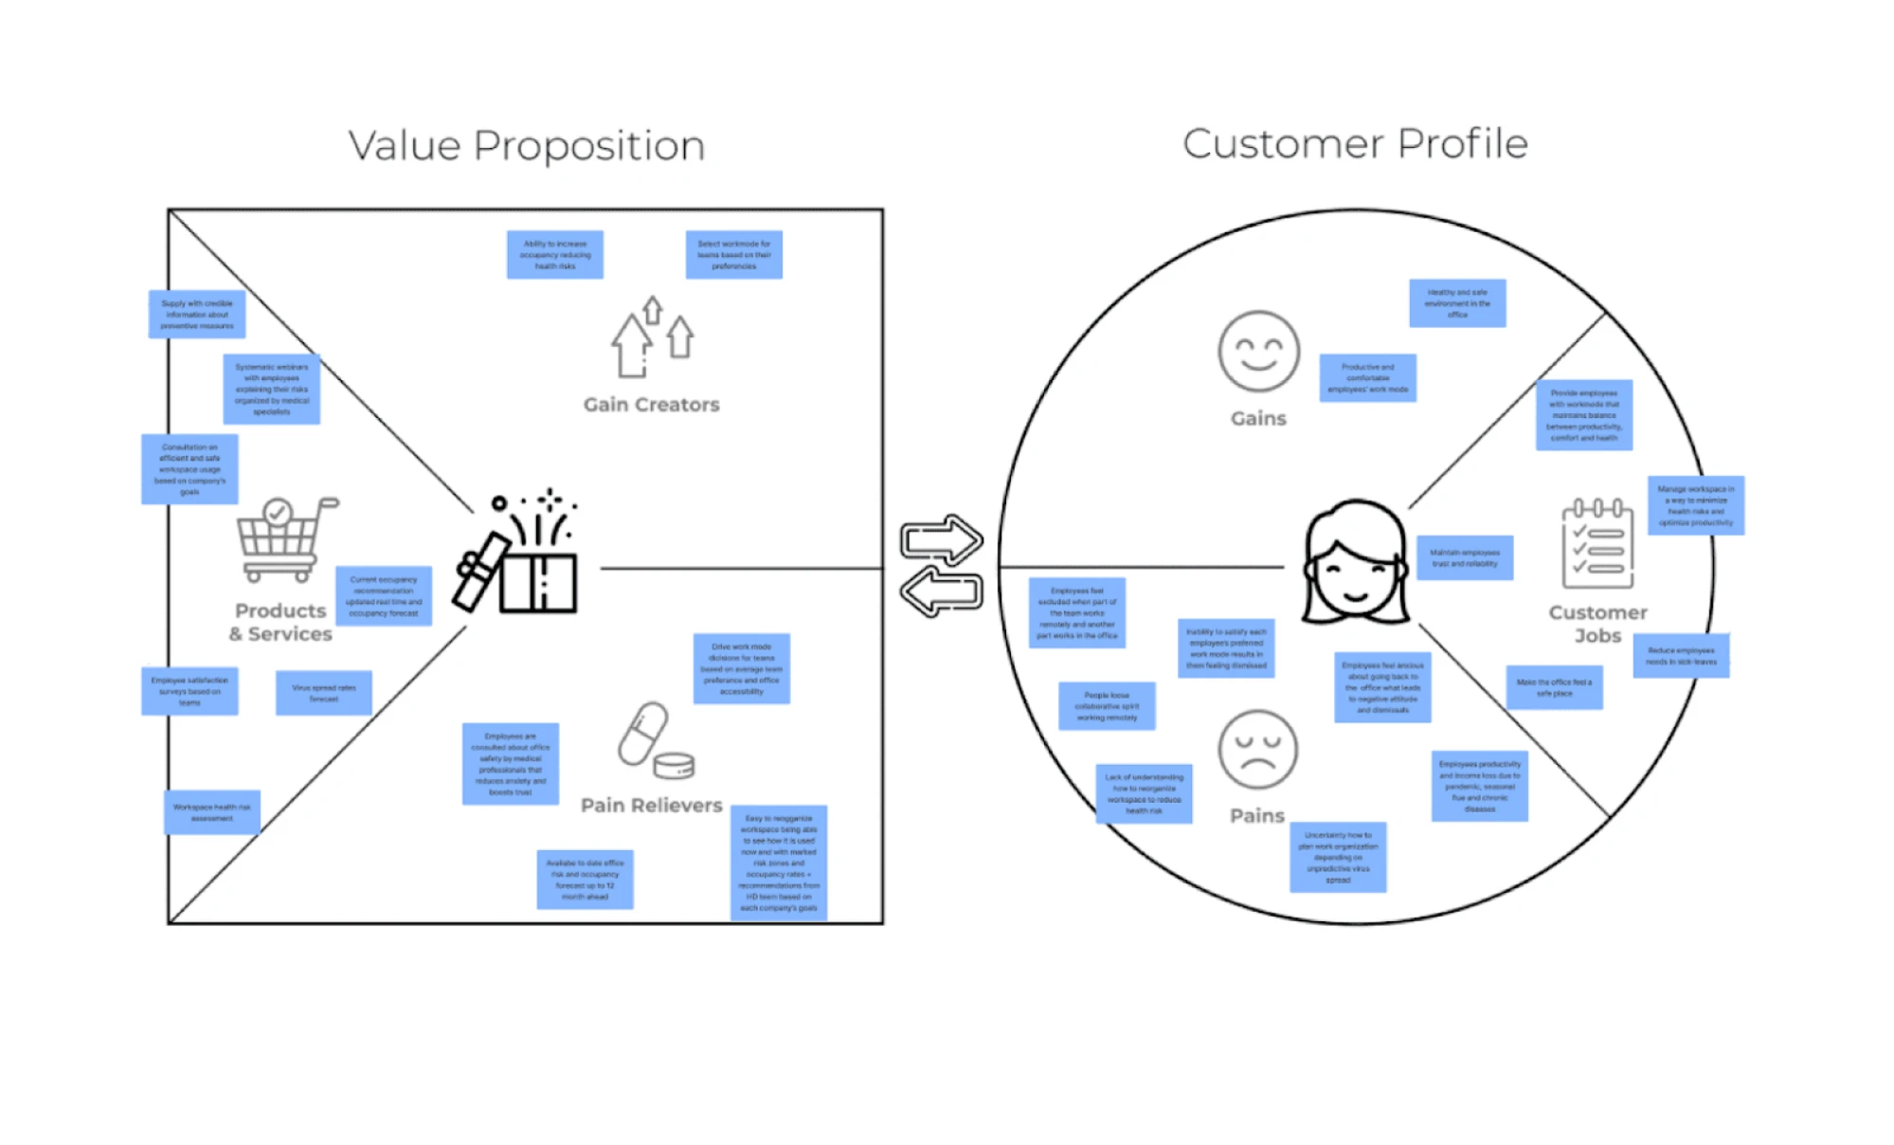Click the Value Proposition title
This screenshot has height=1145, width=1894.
coord(526,146)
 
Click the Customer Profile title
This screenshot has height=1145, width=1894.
coord(1355,144)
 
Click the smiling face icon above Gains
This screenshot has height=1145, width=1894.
coord(1258,352)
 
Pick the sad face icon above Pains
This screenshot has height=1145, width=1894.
coord(1257,750)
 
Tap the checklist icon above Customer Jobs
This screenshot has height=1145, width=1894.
coord(1597,544)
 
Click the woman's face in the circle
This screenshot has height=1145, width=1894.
coord(1355,563)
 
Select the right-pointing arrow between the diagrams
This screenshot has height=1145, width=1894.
coord(940,540)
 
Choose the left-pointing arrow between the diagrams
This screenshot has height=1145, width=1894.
coord(941,593)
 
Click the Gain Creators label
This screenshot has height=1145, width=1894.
coord(651,405)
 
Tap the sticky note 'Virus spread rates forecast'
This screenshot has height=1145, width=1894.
coord(324,693)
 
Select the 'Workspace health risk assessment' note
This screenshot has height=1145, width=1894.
coord(212,812)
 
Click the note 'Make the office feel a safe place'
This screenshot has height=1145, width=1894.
coord(1554,687)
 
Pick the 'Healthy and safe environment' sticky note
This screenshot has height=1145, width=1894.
coord(1457,303)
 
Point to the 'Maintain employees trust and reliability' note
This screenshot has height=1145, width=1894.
coord(1465,558)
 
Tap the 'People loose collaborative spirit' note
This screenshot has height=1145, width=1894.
coord(1107,706)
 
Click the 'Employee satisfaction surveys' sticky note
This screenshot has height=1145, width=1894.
coord(189,691)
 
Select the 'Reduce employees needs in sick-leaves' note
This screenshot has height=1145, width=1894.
coord(1681,656)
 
